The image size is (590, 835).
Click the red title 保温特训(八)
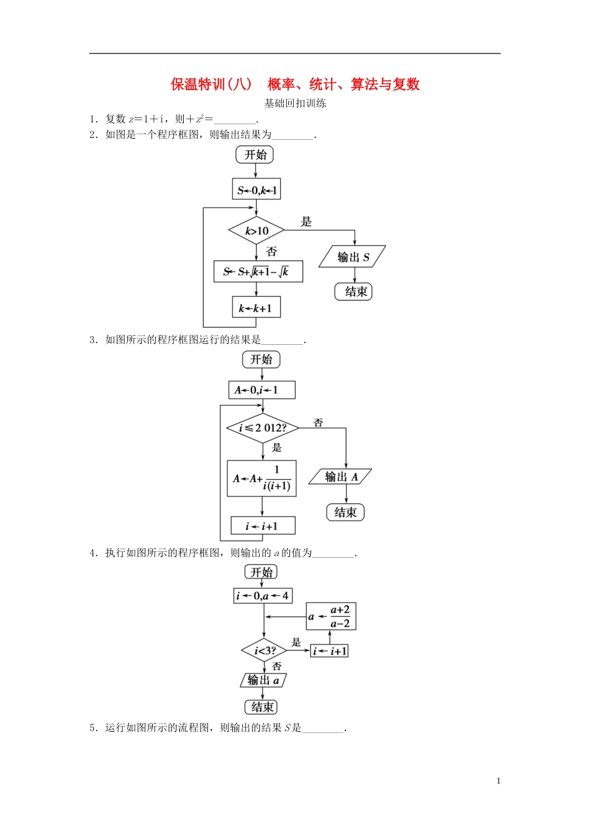(x=212, y=84)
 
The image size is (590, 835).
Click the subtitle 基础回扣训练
(x=295, y=103)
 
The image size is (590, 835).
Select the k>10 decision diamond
(x=256, y=231)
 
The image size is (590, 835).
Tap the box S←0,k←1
(x=256, y=190)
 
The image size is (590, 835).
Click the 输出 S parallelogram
(x=352, y=257)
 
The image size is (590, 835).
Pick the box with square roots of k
(x=258, y=271)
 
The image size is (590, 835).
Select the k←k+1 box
(x=256, y=308)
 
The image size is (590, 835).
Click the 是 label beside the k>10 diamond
(x=306, y=222)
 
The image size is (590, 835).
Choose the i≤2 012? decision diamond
(x=263, y=428)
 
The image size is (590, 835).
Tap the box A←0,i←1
(x=261, y=390)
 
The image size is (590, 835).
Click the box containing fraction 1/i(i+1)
(x=261, y=478)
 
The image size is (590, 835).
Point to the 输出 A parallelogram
(x=340, y=477)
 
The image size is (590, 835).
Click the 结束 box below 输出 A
(x=345, y=513)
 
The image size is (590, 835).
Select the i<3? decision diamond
(x=265, y=650)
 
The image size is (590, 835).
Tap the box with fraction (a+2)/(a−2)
(x=331, y=617)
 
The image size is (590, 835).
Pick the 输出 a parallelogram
(x=263, y=680)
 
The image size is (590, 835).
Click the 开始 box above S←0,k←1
(x=255, y=155)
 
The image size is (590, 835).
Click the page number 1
(x=498, y=781)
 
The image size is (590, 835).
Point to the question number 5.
(x=93, y=728)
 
